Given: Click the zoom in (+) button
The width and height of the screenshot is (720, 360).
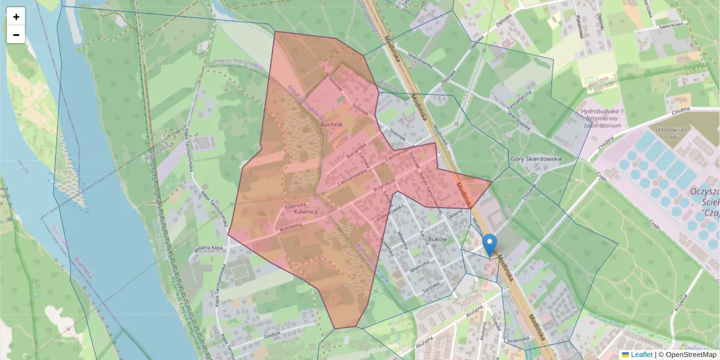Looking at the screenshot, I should click(16, 17).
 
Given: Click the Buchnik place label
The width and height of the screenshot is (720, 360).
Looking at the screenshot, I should click(331, 124).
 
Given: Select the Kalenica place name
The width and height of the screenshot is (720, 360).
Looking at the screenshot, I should click(310, 212).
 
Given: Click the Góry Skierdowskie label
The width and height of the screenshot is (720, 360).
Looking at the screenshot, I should click(535, 159).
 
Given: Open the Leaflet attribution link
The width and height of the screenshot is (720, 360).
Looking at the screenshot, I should click(641, 355).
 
